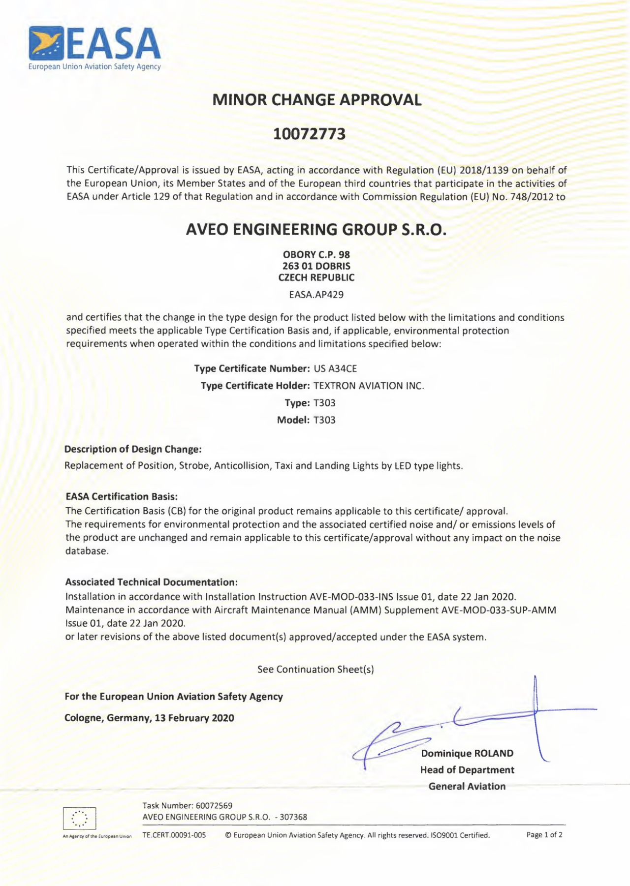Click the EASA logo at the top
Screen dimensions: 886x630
pyautogui.click(x=94, y=48)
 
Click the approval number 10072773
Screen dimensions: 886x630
pyautogui.click(x=309, y=134)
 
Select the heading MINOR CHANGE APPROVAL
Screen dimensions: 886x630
pyautogui.click(x=316, y=100)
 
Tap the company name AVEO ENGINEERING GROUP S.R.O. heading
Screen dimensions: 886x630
pyautogui.click(x=316, y=230)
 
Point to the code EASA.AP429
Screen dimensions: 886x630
pyautogui.click(x=316, y=295)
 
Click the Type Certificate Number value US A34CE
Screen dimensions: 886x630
pyautogui.click(x=335, y=368)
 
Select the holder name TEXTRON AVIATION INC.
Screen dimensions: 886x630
pyautogui.click(x=369, y=386)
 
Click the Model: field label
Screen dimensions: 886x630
pyautogui.click(x=293, y=420)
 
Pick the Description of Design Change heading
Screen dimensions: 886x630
pyautogui.click(x=133, y=449)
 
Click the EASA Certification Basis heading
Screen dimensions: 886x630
pyautogui.click(x=121, y=496)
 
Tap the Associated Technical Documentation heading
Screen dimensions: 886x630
pyautogui.click(x=151, y=582)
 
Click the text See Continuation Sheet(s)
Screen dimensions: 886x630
pyautogui.click(x=315, y=669)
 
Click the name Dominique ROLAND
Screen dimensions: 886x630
pyautogui.click(x=467, y=753)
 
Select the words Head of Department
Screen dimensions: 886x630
pyautogui.click(x=467, y=770)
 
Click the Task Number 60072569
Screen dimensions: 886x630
pyautogui.click(x=214, y=805)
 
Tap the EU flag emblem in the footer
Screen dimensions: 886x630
pyautogui.click(x=79, y=819)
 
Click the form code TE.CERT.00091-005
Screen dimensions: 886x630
pyautogui.click(x=174, y=835)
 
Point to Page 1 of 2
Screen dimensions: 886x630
pyautogui.click(x=544, y=835)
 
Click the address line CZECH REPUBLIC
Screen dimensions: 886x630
pyautogui.click(x=316, y=277)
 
